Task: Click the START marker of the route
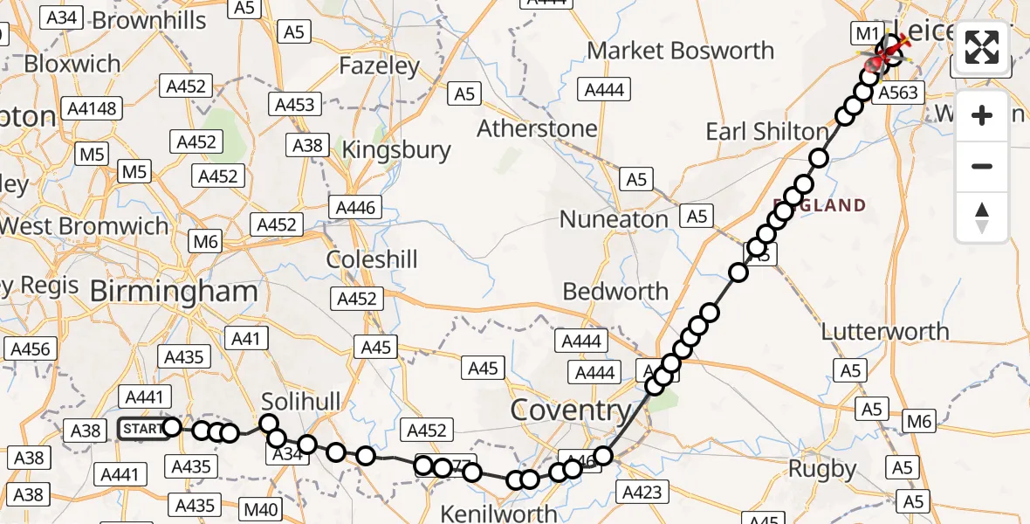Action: [141, 429]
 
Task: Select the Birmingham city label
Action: [174, 292]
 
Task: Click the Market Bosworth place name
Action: [680, 51]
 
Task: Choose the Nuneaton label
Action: [614, 219]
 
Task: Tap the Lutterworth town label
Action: [885, 332]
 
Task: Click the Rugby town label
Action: [821, 468]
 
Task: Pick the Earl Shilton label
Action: [766, 132]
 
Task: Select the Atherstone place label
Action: [537, 128]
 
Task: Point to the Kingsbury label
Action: [396, 150]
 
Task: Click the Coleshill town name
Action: [372, 259]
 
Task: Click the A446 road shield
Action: [354, 208]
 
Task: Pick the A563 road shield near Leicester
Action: [896, 94]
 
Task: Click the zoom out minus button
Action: [982, 166]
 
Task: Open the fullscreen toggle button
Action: [982, 47]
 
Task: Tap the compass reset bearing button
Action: [982, 217]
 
